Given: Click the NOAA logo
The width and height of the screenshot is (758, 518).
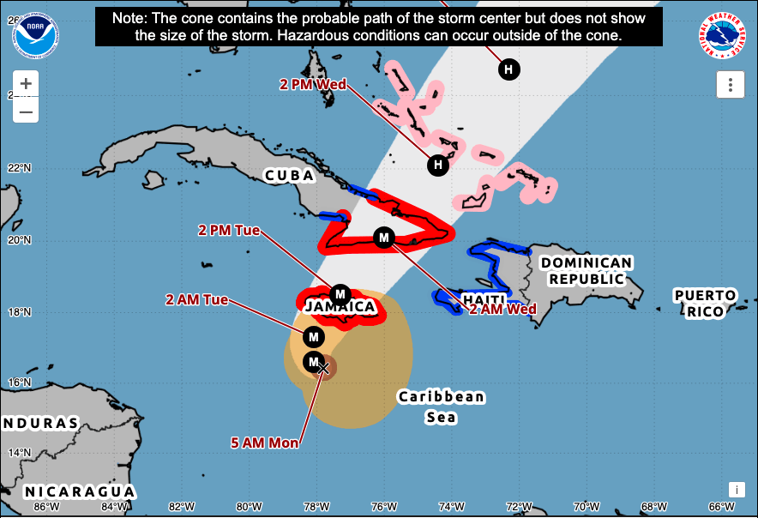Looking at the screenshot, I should point(37,35).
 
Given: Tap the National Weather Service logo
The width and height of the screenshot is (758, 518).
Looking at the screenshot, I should point(721,36).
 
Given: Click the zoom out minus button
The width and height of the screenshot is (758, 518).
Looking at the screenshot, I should point(26,111).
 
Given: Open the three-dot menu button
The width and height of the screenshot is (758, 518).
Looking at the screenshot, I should point(730,84).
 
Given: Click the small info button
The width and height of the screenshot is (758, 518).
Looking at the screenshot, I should point(736,489).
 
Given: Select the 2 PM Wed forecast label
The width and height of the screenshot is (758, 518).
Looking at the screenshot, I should point(313,84).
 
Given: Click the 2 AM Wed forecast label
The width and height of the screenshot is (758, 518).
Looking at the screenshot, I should point(502,309).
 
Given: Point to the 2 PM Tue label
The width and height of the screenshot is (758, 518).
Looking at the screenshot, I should point(228,231).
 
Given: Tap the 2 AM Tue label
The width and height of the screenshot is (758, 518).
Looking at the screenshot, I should point(197,299).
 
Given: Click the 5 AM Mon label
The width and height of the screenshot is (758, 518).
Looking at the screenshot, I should point(265,443).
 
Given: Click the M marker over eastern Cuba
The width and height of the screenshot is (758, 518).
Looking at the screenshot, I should point(384,237).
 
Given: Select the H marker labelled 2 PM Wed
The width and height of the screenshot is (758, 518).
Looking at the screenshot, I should point(437,164).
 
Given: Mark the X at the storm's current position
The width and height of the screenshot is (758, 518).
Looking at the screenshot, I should point(324,367).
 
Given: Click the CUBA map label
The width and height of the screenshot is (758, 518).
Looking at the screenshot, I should point(289,176).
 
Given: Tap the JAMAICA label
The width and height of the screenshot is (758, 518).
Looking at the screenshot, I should point(340,307).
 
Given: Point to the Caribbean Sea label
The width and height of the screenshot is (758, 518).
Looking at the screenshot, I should point(442,407).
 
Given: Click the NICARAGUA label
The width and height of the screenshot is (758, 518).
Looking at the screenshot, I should point(79,491).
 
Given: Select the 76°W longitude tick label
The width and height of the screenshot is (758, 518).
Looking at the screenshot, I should point(383,506).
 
